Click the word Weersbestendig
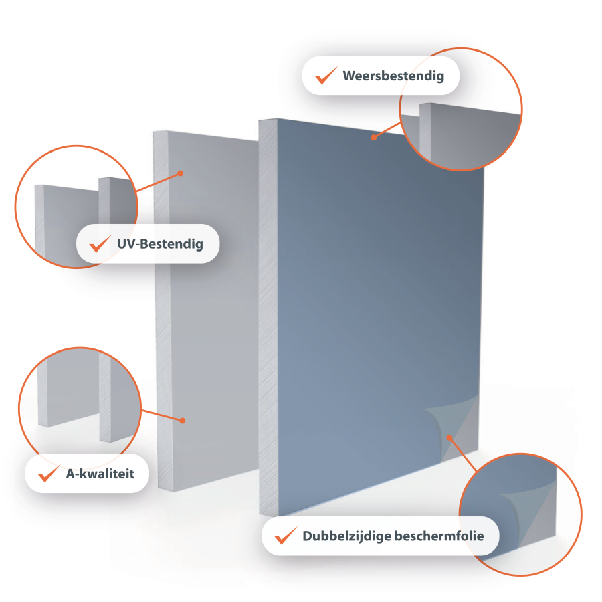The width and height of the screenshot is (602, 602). click(x=393, y=76)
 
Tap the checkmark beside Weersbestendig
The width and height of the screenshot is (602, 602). click(x=326, y=75)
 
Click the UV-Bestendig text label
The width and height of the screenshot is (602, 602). click(x=160, y=244)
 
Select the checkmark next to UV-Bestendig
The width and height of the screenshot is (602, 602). click(x=100, y=243)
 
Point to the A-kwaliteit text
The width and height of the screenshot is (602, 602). click(x=100, y=474)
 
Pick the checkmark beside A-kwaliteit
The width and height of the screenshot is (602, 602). click(x=49, y=473)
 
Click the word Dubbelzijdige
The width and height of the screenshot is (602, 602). click(x=346, y=536)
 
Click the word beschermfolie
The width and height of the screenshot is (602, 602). click(x=439, y=536)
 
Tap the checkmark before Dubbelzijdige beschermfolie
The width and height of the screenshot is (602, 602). click(x=286, y=535)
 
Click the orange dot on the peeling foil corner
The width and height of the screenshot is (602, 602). click(x=449, y=437)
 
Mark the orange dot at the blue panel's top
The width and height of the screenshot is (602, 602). click(x=374, y=137)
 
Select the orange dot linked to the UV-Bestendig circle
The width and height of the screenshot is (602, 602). click(x=181, y=173)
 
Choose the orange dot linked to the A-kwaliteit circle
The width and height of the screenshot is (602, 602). click(x=183, y=421)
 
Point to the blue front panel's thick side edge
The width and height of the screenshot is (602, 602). click(x=268, y=317)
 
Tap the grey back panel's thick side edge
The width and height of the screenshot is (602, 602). click(x=162, y=311)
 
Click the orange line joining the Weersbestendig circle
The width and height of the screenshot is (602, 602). click(x=387, y=130)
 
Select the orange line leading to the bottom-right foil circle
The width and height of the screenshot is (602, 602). click(x=463, y=455)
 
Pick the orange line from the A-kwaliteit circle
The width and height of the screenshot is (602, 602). click(x=162, y=415)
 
